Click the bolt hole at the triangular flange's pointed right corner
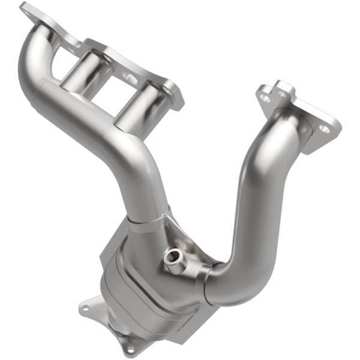[325, 128]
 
